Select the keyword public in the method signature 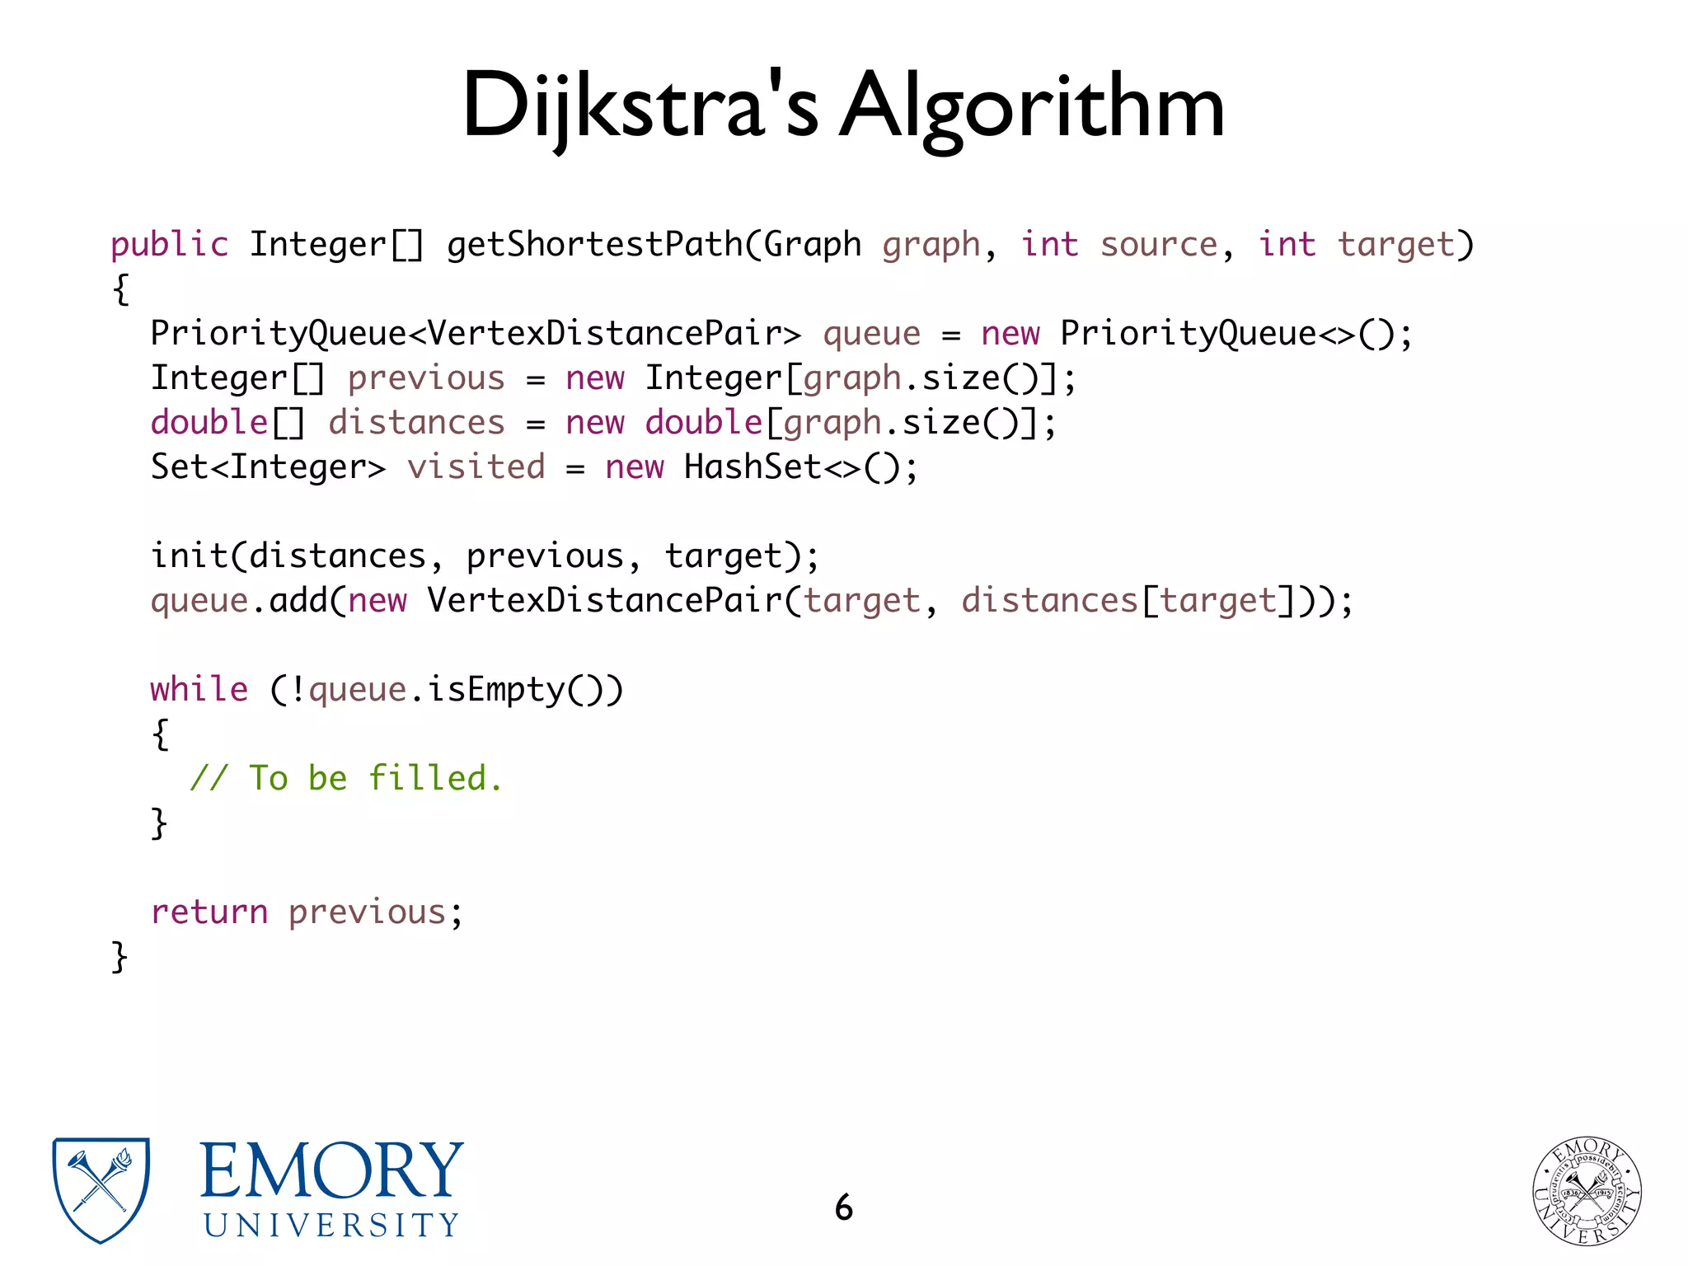(x=169, y=245)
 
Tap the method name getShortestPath (x=594, y=245)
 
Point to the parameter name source (x=1158, y=245)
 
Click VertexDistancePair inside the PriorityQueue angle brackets (x=604, y=334)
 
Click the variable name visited (x=476, y=467)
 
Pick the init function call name (x=189, y=556)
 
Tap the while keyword (x=199, y=690)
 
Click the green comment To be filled (x=346, y=779)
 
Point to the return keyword (x=209, y=912)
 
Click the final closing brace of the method (x=120, y=957)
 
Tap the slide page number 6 (x=843, y=1207)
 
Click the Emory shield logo (x=101, y=1189)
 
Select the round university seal (x=1586, y=1190)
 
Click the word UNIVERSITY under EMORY (x=331, y=1226)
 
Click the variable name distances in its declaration (x=416, y=423)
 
